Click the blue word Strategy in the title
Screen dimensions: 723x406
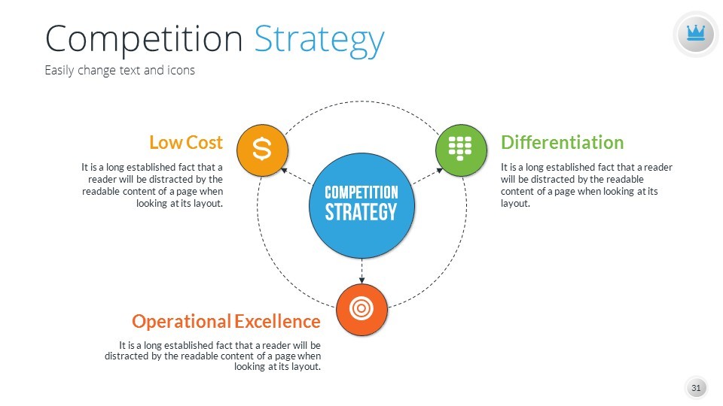pyautogui.click(x=319, y=41)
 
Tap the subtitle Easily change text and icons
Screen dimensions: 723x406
pyautogui.click(x=120, y=71)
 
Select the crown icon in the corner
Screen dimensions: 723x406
pyautogui.click(x=696, y=34)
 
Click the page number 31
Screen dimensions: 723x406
pyautogui.click(x=696, y=388)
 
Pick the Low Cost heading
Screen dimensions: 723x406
pyautogui.click(x=186, y=143)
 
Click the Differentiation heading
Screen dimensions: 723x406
pyautogui.click(x=562, y=143)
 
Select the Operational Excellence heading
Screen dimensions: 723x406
pyautogui.click(x=226, y=321)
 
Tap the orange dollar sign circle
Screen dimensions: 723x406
pyautogui.click(x=262, y=150)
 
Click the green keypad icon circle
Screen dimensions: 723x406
pyautogui.click(x=461, y=150)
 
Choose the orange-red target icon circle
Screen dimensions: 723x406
pyautogui.click(x=361, y=309)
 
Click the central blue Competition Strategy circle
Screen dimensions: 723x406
pyautogui.click(x=361, y=205)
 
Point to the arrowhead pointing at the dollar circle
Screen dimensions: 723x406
pyautogui.click(x=284, y=171)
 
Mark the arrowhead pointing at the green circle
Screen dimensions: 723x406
pyautogui.click(x=439, y=171)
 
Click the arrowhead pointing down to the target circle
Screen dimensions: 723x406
pyautogui.click(x=361, y=280)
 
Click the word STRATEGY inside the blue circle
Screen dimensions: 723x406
pyautogui.click(x=361, y=212)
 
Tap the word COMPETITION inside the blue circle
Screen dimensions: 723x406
pyautogui.click(x=361, y=192)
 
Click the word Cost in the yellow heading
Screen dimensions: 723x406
pyautogui.click(x=204, y=143)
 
